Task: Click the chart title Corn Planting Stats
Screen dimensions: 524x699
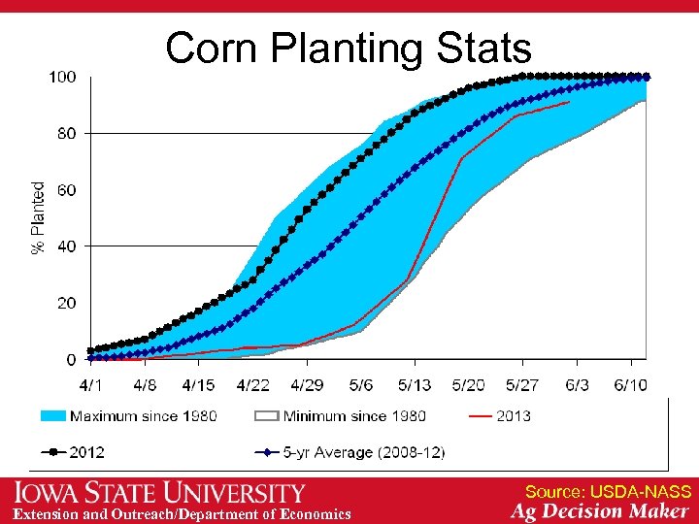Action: click(349, 48)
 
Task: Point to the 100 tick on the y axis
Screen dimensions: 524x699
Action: click(63, 77)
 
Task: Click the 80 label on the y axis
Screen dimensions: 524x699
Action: click(66, 133)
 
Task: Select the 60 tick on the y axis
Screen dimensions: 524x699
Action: click(66, 190)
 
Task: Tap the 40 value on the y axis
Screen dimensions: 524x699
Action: click(66, 246)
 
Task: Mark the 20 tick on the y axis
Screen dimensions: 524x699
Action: click(66, 304)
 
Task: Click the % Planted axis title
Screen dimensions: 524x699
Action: click(39, 218)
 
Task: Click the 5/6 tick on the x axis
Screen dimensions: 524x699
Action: click(360, 384)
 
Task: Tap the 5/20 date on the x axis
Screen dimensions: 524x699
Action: click(469, 384)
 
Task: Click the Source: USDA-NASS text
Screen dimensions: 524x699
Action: click(608, 492)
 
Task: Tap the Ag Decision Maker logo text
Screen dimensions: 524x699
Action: click(600, 512)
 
